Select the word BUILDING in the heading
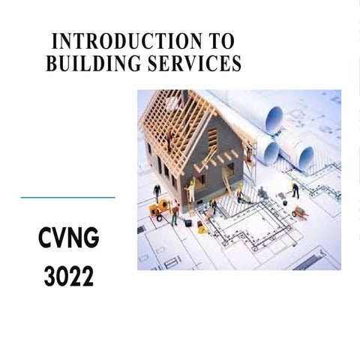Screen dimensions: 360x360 pos(94,64)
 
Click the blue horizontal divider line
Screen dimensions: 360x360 pos(67,197)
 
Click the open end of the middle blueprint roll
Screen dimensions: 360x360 pos(270,152)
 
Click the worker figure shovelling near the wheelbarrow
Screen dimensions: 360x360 pos(295,190)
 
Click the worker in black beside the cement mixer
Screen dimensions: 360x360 pos(157,191)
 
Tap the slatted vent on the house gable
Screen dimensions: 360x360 pos(212,137)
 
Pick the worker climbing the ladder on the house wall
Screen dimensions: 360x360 pos(192,187)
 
